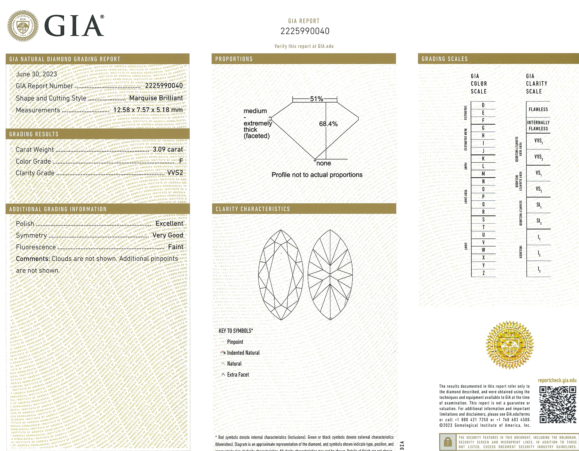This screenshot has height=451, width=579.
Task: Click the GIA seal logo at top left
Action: click(x=23, y=26)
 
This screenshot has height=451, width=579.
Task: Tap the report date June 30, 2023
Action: click(x=36, y=74)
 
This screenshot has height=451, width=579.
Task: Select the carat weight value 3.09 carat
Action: click(x=168, y=149)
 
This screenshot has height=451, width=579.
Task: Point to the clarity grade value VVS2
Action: click(x=175, y=173)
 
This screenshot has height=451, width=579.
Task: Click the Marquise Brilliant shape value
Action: click(x=156, y=98)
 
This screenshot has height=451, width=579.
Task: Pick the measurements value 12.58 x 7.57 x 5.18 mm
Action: click(x=148, y=110)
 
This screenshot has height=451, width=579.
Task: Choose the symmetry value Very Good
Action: click(x=168, y=235)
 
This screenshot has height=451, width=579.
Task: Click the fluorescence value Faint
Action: click(x=175, y=247)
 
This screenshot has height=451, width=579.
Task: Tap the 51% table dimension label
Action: click(x=316, y=99)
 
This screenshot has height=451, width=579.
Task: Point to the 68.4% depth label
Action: click(x=328, y=124)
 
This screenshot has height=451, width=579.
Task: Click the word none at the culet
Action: click(x=324, y=163)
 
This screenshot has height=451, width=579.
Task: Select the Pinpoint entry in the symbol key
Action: click(x=235, y=342)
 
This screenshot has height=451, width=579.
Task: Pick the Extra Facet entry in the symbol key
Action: click(x=238, y=375)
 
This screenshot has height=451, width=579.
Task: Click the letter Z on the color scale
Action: click(x=483, y=273)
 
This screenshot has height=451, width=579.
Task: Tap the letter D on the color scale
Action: click(x=483, y=105)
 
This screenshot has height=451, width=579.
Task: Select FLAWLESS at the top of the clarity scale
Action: click(x=538, y=109)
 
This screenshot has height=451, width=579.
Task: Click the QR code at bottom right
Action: click(x=558, y=405)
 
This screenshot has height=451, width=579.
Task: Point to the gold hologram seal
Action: click(x=510, y=345)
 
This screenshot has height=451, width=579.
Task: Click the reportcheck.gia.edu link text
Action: click(x=557, y=380)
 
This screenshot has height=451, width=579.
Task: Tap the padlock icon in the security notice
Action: click(x=448, y=442)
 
